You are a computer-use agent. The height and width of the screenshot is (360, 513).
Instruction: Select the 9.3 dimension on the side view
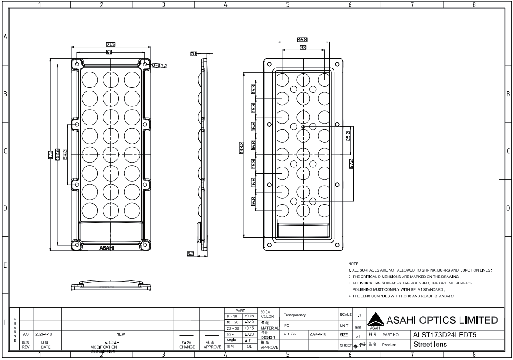pos(191,254)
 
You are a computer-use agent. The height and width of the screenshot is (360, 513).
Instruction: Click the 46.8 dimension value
pos(303,39)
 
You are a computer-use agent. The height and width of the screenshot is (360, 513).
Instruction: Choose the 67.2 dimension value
pos(351,163)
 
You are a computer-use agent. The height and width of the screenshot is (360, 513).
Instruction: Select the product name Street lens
pos(429,344)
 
